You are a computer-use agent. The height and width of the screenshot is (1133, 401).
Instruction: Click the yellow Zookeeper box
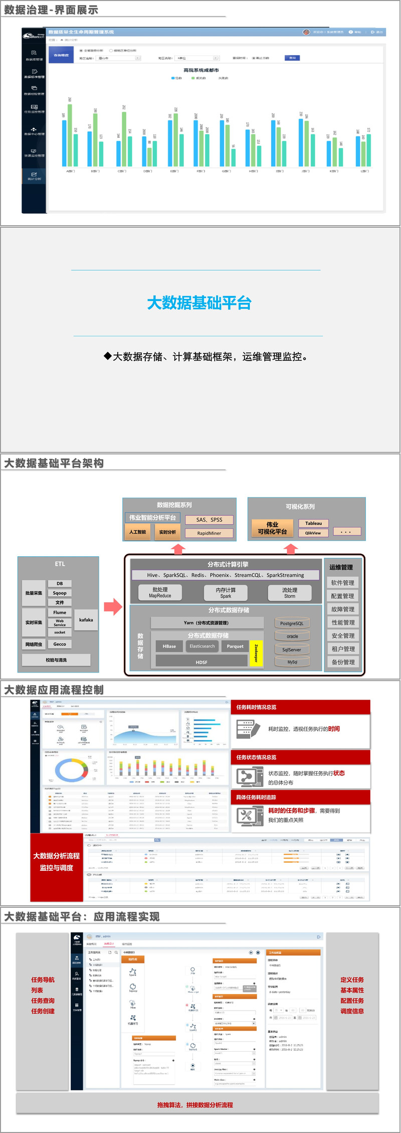[256, 654]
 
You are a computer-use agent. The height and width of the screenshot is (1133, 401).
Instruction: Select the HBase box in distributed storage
[169, 646]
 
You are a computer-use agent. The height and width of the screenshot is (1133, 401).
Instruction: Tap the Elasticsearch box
[202, 646]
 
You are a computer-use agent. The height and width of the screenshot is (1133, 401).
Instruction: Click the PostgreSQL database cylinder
[292, 623]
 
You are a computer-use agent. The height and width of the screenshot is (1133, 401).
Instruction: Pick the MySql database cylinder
[292, 662]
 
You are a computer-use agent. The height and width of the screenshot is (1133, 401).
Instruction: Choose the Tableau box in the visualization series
[313, 523]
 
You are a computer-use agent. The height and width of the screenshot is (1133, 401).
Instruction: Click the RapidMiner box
[209, 533]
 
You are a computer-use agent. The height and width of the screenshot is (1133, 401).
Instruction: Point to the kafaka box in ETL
[86, 620]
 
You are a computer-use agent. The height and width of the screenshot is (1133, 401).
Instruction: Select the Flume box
[60, 612]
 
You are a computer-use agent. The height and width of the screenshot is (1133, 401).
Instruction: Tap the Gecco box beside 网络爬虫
[60, 644]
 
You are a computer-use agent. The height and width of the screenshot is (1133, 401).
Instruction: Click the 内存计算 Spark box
[226, 593]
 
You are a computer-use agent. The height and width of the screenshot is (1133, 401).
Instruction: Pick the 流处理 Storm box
[289, 593]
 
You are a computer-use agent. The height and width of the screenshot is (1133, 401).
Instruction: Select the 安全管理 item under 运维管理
[343, 635]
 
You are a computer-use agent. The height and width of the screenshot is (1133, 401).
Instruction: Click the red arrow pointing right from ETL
[113, 607]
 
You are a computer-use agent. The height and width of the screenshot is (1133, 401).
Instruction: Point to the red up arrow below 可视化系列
[291, 549]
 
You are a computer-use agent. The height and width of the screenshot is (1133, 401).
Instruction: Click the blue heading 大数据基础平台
[199, 303]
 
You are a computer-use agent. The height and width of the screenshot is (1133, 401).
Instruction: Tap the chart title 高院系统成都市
[201, 70]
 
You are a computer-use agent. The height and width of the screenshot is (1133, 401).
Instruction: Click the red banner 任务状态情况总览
[301, 757]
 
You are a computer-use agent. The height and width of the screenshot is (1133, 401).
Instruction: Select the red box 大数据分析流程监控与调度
[57, 862]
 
